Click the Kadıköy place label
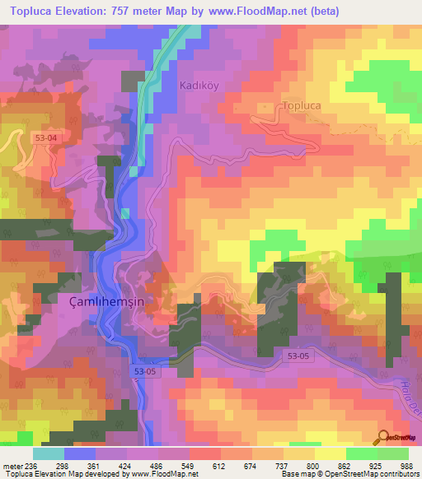tap(199, 86)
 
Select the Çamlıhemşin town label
tap(95, 302)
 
